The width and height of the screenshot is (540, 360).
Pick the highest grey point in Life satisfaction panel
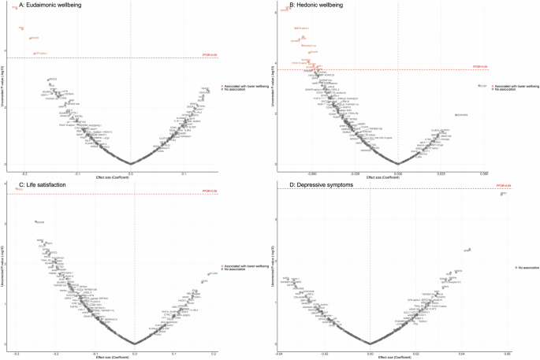36,222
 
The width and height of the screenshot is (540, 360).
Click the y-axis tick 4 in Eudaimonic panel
6,50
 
